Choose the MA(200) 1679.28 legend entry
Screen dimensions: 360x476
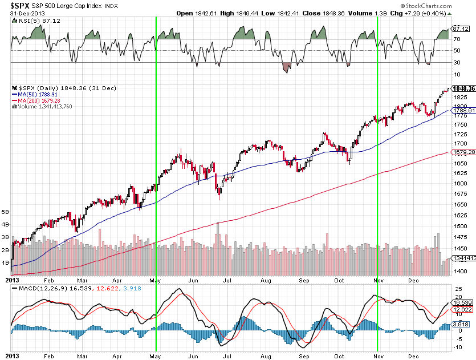pos(39,100)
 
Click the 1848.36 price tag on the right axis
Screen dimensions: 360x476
pos(463,88)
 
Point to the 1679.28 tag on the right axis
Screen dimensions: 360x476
pos(462,152)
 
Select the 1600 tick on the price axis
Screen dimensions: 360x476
pos(461,184)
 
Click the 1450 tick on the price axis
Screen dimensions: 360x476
pos(461,249)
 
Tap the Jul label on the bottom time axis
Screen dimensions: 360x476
pos(228,281)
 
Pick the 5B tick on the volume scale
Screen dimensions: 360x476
pos(6,211)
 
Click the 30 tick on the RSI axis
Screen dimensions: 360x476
pos(457,63)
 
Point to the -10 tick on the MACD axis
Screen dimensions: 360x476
pos(458,347)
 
